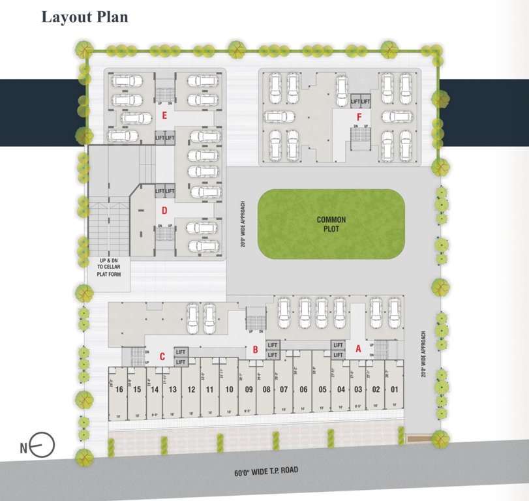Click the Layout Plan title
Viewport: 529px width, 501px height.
click(x=85, y=17)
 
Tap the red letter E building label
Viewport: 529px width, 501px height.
click(x=165, y=117)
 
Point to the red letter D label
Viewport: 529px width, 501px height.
click(x=165, y=210)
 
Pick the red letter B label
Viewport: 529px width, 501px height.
click(x=256, y=350)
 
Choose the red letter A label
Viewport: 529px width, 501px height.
click(x=357, y=348)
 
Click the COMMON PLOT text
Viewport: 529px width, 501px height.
click(x=331, y=224)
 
